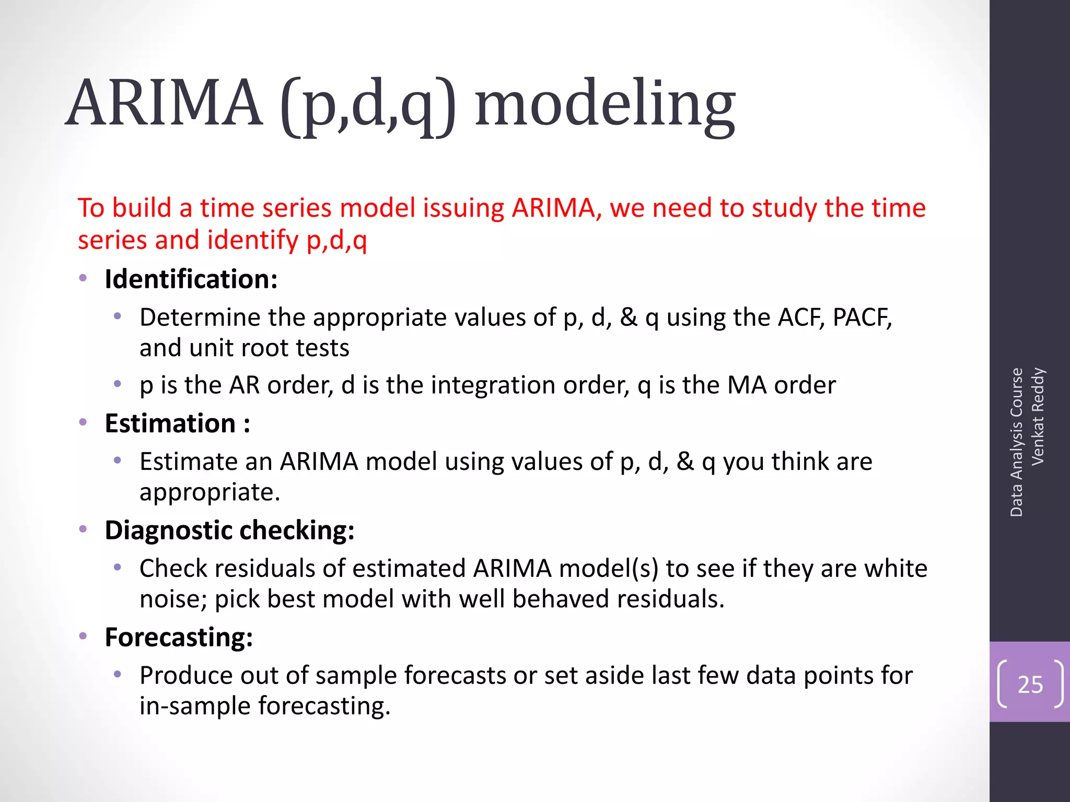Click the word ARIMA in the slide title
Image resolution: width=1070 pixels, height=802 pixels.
(x=165, y=103)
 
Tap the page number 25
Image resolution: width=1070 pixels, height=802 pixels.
(x=1030, y=685)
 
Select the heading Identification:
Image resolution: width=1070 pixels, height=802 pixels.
(x=191, y=279)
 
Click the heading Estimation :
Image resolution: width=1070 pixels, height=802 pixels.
(x=177, y=423)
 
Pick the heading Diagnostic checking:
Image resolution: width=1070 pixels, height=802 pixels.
(x=229, y=530)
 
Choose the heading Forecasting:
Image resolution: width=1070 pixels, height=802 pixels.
(x=179, y=638)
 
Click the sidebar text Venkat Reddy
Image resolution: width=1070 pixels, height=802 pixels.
(x=1038, y=416)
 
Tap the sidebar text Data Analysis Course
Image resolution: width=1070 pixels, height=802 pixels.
(x=1016, y=442)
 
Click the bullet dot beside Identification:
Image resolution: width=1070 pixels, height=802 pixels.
(x=83, y=278)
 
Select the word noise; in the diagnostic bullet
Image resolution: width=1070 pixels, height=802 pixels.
(x=173, y=599)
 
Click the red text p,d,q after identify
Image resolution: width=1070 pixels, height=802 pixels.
(x=336, y=241)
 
